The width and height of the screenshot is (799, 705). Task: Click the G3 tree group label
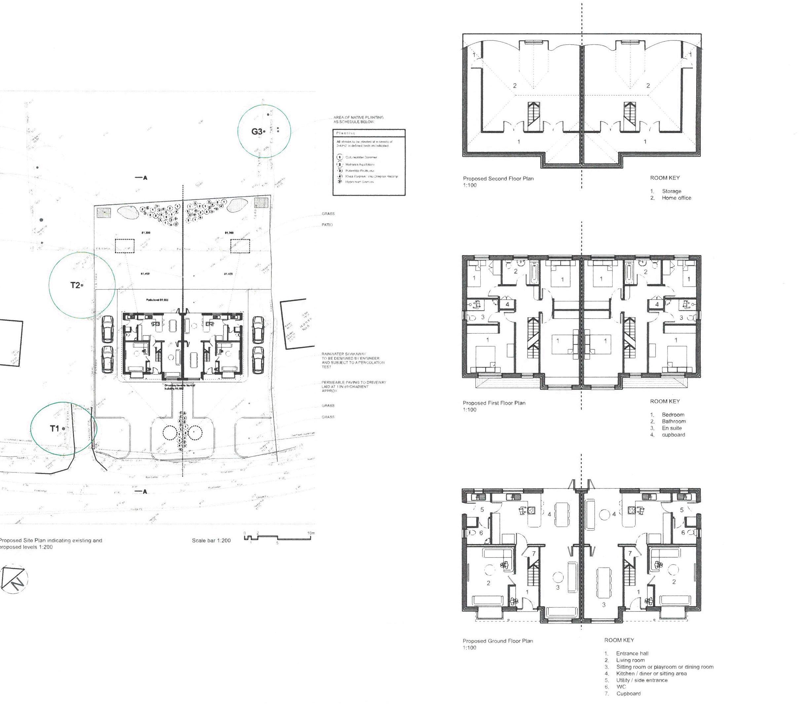(257, 132)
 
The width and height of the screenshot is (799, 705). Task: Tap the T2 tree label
(75, 285)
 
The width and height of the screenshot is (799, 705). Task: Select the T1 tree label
(54, 429)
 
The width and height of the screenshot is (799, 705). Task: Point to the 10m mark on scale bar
(311, 533)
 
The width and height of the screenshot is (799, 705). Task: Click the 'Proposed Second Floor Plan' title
(498, 178)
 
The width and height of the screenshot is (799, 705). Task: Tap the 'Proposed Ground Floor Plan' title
(498, 641)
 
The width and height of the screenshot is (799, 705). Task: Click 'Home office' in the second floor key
(676, 198)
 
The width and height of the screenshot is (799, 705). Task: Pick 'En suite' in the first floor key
(672, 428)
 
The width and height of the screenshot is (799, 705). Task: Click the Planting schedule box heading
(345, 133)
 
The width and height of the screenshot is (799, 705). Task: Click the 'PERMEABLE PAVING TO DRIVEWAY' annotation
(353, 382)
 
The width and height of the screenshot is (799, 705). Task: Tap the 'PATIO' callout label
(327, 225)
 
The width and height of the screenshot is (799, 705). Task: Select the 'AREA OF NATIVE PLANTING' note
(358, 117)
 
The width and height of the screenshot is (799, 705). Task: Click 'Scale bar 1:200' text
(211, 540)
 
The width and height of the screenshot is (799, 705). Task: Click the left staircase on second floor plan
(533, 114)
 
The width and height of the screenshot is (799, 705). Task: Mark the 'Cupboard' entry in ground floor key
(628, 693)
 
